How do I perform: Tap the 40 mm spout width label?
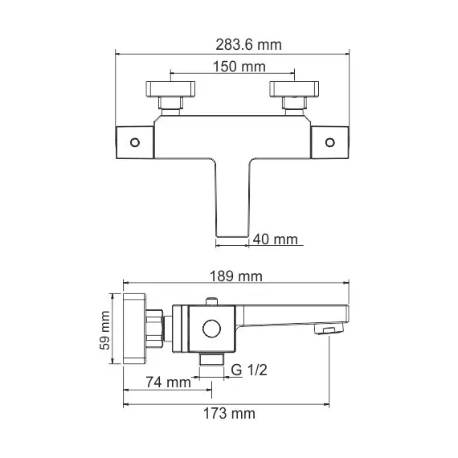pos(275,239)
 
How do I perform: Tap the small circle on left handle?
pos(133,142)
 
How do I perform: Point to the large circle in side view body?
pos(212,328)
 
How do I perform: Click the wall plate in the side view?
pos(136,330)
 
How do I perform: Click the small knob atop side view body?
pos(212,301)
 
